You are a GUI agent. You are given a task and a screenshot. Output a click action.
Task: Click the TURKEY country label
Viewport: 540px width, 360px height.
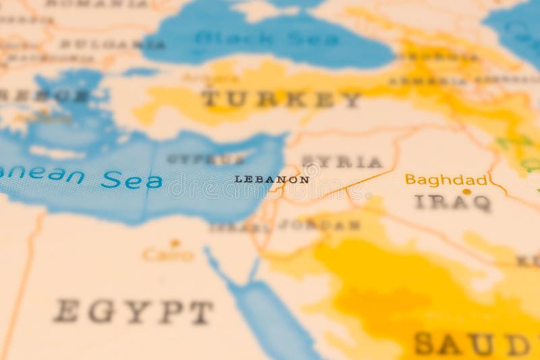coord(281,99)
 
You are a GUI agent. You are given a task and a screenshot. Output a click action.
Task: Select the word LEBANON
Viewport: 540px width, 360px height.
coord(271,180)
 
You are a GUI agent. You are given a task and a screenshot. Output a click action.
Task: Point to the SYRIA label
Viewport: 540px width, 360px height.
coord(342,162)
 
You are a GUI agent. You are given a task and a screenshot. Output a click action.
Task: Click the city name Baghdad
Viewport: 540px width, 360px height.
coord(446,180)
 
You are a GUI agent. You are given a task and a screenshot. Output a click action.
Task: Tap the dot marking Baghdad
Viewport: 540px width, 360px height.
coord(466,192)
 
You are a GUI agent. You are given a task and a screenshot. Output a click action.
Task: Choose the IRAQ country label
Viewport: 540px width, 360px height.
coord(452,202)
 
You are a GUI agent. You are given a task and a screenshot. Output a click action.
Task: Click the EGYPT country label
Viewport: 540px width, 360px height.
coord(134,311)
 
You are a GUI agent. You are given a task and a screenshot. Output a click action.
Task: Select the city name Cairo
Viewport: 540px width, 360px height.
coord(167,255)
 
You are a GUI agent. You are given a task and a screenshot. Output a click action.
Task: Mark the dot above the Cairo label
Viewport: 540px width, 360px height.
coord(175,242)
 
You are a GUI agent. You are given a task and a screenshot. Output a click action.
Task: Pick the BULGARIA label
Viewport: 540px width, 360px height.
coord(112,45)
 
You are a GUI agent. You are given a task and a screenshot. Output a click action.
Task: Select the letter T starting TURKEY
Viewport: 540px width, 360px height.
coord(211,99)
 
